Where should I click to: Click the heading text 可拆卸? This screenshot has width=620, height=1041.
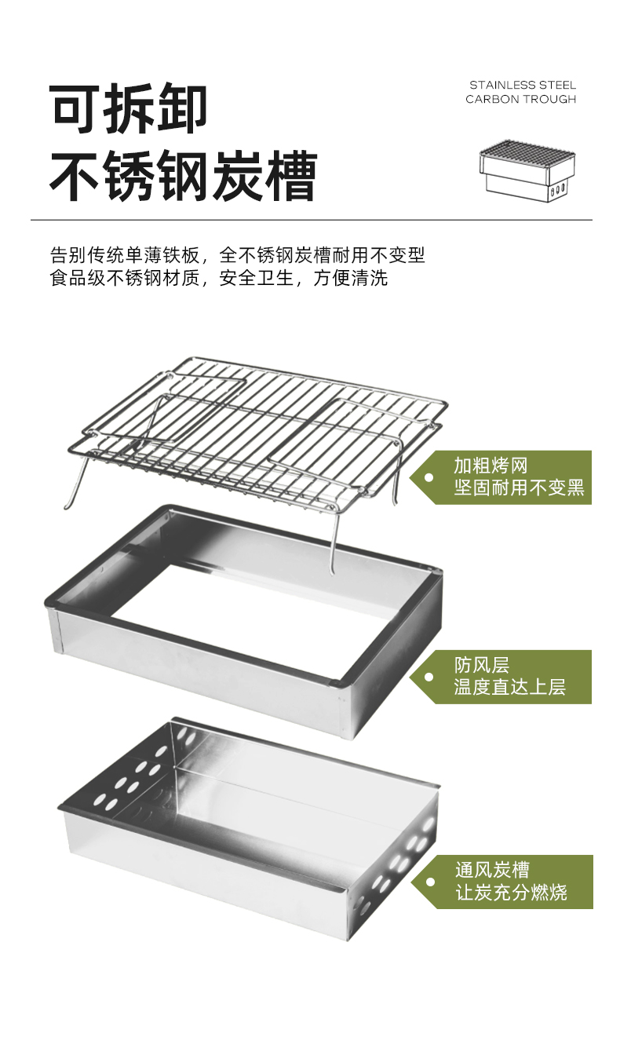pos(129,110)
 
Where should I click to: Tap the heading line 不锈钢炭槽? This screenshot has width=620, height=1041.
pos(183,177)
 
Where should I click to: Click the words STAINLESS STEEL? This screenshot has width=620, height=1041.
pos(523,85)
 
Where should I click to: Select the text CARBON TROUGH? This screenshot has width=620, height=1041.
pos(520,100)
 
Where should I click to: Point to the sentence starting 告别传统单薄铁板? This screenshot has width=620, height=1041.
pos(237,254)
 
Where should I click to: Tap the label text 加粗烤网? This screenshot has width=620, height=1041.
pos(491,465)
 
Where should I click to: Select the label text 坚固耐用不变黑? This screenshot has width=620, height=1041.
pos(519,488)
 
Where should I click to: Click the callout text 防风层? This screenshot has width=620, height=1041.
pos(482,665)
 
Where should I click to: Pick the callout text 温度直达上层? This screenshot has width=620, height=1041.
pos(509,687)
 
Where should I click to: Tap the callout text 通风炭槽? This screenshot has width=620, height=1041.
pos(492,870)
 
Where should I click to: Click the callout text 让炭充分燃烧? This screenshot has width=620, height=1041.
pos(511,893)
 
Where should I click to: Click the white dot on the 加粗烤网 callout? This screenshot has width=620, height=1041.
pos(429,477)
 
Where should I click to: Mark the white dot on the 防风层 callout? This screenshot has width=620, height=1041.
pos(429,677)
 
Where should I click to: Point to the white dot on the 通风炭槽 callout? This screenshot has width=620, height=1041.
pos(429,882)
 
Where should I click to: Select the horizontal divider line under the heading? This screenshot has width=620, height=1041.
pos(311,220)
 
